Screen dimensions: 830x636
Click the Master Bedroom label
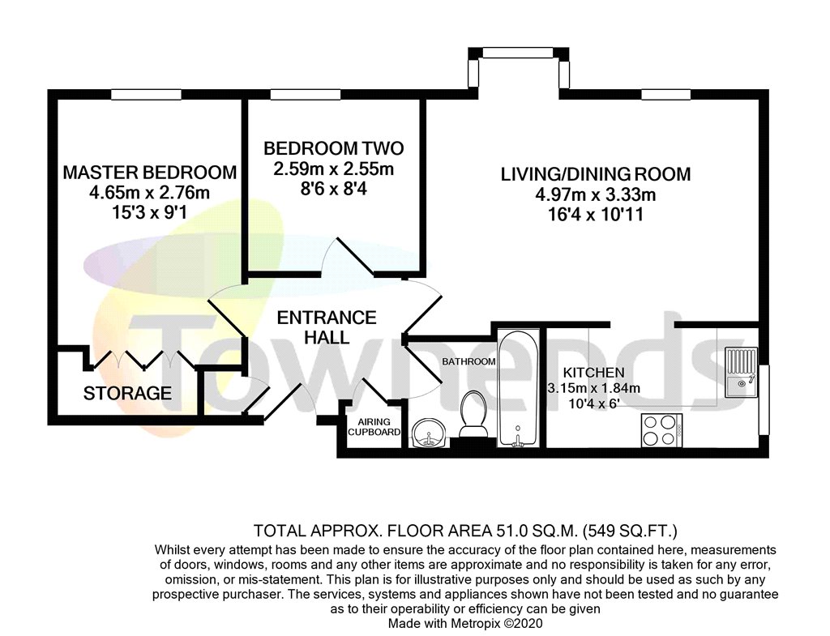[150, 173]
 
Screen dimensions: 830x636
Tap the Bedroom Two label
[333, 148]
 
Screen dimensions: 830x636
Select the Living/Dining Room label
[596, 174]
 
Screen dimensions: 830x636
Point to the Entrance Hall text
[327, 327]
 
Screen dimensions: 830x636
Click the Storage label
[127, 393]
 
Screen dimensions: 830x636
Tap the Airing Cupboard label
[374, 426]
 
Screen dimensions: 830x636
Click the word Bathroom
[469, 361]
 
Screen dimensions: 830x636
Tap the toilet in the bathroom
[473, 414]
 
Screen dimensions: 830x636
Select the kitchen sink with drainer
[742, 372]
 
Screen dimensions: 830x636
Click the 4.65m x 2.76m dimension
[150, 193]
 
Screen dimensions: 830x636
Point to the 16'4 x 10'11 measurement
[596, 215]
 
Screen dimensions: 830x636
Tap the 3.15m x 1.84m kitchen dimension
[593, 388]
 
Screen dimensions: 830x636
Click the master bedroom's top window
[146, 95]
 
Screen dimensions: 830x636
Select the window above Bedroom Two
[306, 95]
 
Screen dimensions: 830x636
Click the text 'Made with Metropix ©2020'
[465, 623]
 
